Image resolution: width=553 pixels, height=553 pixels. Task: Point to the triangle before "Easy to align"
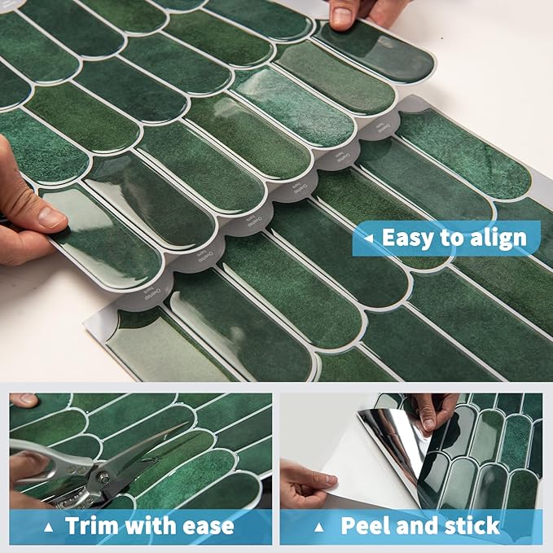click(x=369, y=239)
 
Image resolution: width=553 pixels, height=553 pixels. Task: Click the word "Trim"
click(x=93, y=525)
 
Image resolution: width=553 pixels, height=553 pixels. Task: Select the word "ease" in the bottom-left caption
click(x=204, y=526)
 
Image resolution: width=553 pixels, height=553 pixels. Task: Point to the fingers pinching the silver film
click(x=429, y=411)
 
